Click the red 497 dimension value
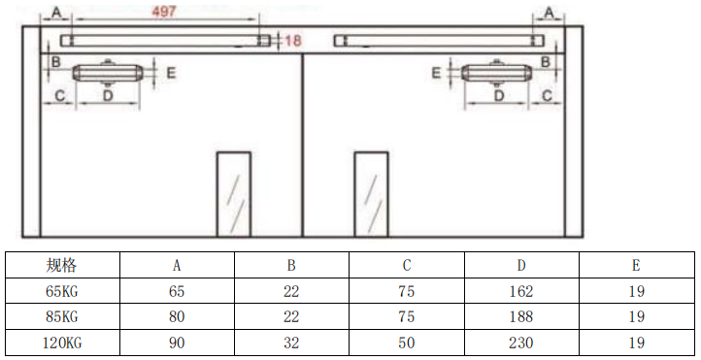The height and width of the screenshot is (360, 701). tap(164, 12)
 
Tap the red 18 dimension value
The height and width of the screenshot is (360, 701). tap(293, 41)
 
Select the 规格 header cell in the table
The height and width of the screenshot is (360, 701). tap(62, 265)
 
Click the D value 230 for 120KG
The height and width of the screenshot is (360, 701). tap(520, 343)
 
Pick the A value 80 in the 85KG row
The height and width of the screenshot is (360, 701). tap(177, 316)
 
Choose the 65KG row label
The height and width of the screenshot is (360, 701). tap(62, 291)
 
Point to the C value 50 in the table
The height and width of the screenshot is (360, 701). tap(407, 343)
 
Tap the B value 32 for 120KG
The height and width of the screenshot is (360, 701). tap(291, 343)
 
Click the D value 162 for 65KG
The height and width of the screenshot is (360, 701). tap(520, 291)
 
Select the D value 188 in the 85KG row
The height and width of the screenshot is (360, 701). tap(520, 316)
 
